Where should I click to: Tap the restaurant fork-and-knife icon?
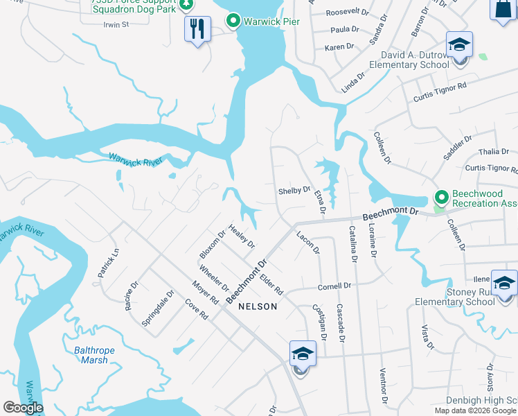point(197,28)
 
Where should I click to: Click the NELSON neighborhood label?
point(258,306)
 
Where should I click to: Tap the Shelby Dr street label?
point(294,190)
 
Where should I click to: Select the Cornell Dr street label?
point(335,286)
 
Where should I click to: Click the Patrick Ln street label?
point(109,263)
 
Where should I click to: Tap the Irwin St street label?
point(116,25)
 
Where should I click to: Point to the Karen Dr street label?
point(339,48)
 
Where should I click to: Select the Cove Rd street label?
point(196,310)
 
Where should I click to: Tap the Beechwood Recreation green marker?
point(438,198)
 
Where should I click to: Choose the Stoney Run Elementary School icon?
point(504,284)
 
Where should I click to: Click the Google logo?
point(23,408)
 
